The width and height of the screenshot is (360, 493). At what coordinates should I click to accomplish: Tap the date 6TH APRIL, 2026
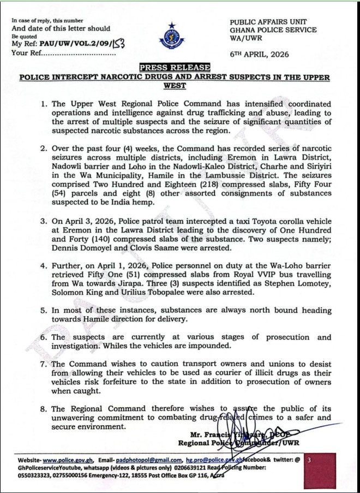pyautogui.click(x=260, y=55)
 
